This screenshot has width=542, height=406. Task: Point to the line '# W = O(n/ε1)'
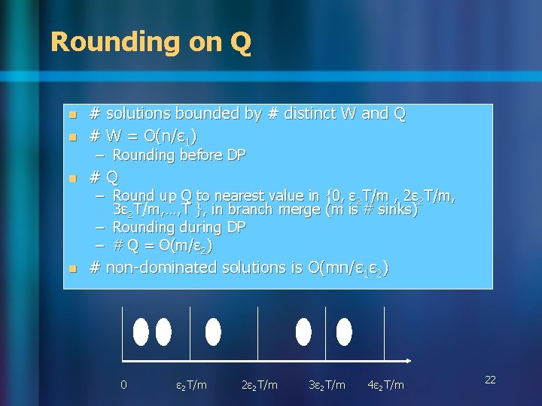pyautogui.click(x=143, y=135)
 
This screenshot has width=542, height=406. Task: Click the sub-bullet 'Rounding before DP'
pyautogui.click(x=178, y=155)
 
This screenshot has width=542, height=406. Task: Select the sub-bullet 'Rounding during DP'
pyautogui.click(x=179, y=227)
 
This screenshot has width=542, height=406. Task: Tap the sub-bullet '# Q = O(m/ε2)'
pyautogui.click(x=162, y=246)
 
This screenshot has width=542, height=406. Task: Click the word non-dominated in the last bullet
pyautogui.click(x=162, y=268)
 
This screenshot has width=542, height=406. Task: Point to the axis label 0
pyautogui.click(x=123, y=385)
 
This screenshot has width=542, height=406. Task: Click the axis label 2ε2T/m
pyautogui.click(x=259, y=385)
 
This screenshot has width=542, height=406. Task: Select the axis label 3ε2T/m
pyautogui.click(x=327, y=385)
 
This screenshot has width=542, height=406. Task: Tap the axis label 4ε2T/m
pyautogui.click(x=385, y=385)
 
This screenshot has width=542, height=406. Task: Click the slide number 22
pyautogui.click(x=490, y=380)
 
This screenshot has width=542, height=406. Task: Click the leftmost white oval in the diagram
pyautogui.click(x=141, y=331)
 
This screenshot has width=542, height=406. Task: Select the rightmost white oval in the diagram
pyautogui.click(x=344, y=331)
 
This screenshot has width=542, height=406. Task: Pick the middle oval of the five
pyautogui.click(x=213, y=331)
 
